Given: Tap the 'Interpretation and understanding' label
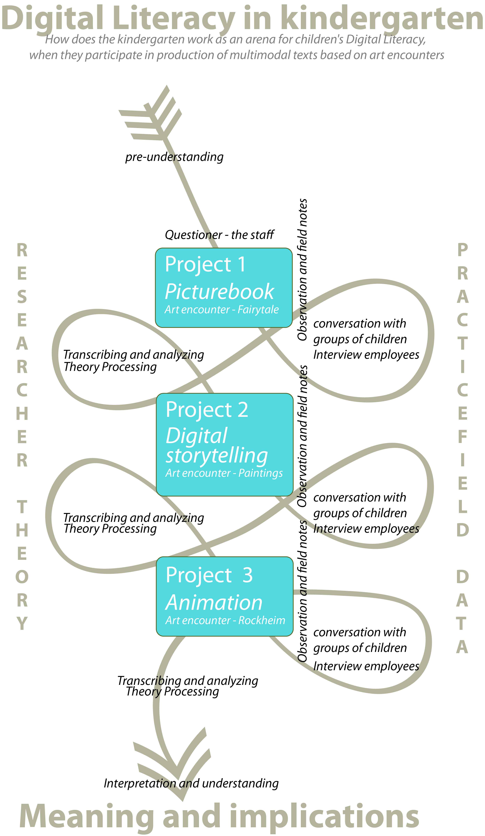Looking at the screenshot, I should (x=191, y=783).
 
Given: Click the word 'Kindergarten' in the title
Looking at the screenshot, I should (x=381, y=18).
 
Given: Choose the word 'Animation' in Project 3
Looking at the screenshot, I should (x=214, y=602).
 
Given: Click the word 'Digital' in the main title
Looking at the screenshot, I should (x=52, y=18).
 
